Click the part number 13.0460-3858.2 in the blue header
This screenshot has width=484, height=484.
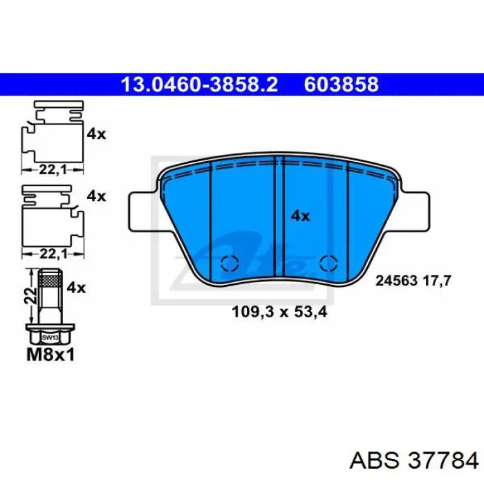coord(199,84)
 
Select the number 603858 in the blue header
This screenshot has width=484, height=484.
coord(341,84)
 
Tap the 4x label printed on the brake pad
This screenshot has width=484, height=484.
coord(300,216)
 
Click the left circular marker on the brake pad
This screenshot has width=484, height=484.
coord(229,263)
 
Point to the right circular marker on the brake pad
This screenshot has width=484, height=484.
coord(329,263)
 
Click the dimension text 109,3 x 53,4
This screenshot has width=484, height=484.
coord(279,312)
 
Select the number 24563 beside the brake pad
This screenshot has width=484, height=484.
coord(397,281)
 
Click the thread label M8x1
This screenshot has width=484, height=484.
coord(50,356)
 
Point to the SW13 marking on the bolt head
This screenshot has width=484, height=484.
coord(49,338)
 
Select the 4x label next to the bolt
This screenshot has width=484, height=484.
coord(76,287)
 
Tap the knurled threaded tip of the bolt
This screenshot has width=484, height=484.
coord(50,279)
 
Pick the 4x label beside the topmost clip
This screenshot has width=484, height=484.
coord(96,134)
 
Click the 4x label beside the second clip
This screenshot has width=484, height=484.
coord(96,196)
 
